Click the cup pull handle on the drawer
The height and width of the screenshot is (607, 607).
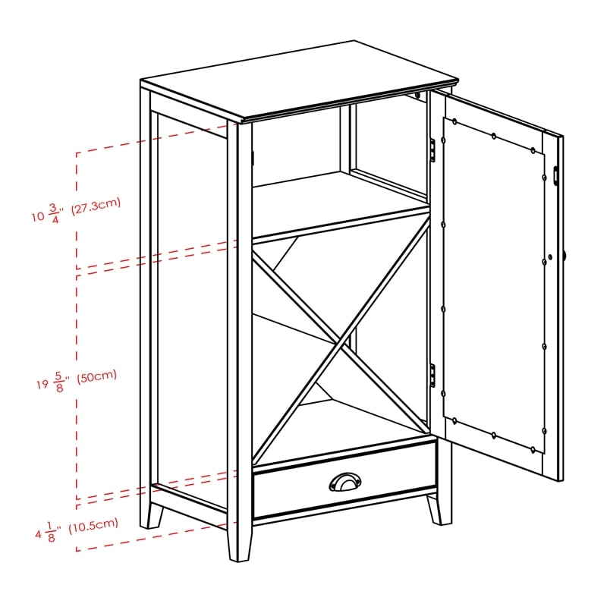pyautogui.click(x=344, y=482)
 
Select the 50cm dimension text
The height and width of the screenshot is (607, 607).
pyautogui.click(x=96, y=376)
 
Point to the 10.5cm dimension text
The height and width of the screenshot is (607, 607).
pyautogui.click(x=93, y=526)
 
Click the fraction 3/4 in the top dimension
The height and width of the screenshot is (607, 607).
pyautogui.click(x=54, y=214)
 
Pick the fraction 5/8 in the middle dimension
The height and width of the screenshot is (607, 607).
pyautogui.click(x=58, y=382)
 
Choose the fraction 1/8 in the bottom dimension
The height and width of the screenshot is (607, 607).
pyautogui.click(x=51, y=532)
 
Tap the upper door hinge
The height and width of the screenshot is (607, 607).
pyautogui.click(x=432, y=149)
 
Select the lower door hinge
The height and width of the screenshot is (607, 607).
pyautogui.click(x=432, y=375)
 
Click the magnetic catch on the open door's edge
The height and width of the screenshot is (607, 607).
pyautogui.click(x=555, y=175)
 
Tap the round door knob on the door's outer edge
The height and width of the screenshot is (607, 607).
pyautogui.click(x=564, y=256)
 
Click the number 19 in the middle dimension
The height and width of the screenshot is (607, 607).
pyautogui.click(x=42, y=385)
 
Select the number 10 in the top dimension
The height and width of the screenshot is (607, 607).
pyautogui.click(x=39, y=216)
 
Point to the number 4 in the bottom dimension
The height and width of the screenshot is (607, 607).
pyautogui.click(x=39, y=535)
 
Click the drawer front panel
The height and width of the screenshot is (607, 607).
pyautogui.click(x=344, y=480)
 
